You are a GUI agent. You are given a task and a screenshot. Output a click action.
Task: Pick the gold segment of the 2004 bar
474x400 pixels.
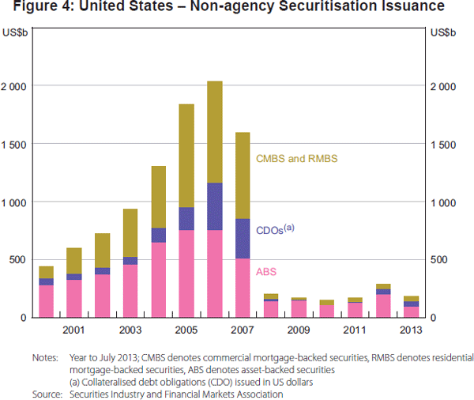pos(158,197)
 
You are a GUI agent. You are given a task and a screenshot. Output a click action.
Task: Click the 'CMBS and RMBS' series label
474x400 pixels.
pos(296,159)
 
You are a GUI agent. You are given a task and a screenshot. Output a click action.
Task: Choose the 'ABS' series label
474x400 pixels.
pos(266,271)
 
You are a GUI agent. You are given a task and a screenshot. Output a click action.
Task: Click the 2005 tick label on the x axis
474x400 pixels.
pos(186,329)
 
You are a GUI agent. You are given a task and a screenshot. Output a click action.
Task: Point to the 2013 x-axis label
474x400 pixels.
pos(411,329)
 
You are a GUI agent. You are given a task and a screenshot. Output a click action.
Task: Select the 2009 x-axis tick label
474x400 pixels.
pos(299,329)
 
